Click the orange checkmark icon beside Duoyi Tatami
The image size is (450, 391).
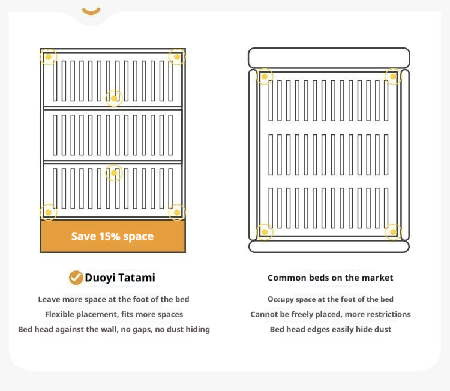pos(76,278)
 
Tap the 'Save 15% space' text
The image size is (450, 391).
pos(113,236)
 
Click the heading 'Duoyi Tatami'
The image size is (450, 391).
pos(120,278)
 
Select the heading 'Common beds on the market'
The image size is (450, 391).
pos(331,278)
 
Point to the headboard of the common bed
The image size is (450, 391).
pos(329,58)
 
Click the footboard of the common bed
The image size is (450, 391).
pos(329,246)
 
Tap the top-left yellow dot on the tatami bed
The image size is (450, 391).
pos(48,57)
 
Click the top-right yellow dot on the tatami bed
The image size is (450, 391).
pos(177,57)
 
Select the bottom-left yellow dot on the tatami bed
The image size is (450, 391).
pos(48,212)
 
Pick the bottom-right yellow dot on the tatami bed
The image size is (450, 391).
pos(177,212)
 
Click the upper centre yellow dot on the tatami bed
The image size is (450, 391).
pos(114,98)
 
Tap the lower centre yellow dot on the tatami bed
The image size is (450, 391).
pos(114,173)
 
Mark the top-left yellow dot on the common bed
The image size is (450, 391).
pos(265,77)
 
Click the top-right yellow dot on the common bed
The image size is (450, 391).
pos(393,77)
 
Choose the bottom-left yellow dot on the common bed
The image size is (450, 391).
pos(265,232)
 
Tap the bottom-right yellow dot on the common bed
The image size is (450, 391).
pos(393,232)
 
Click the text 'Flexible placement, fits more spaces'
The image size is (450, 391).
pos(114,314)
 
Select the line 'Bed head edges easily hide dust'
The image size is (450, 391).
pos(331,329)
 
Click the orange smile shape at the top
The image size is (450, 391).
pos(91,11)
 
